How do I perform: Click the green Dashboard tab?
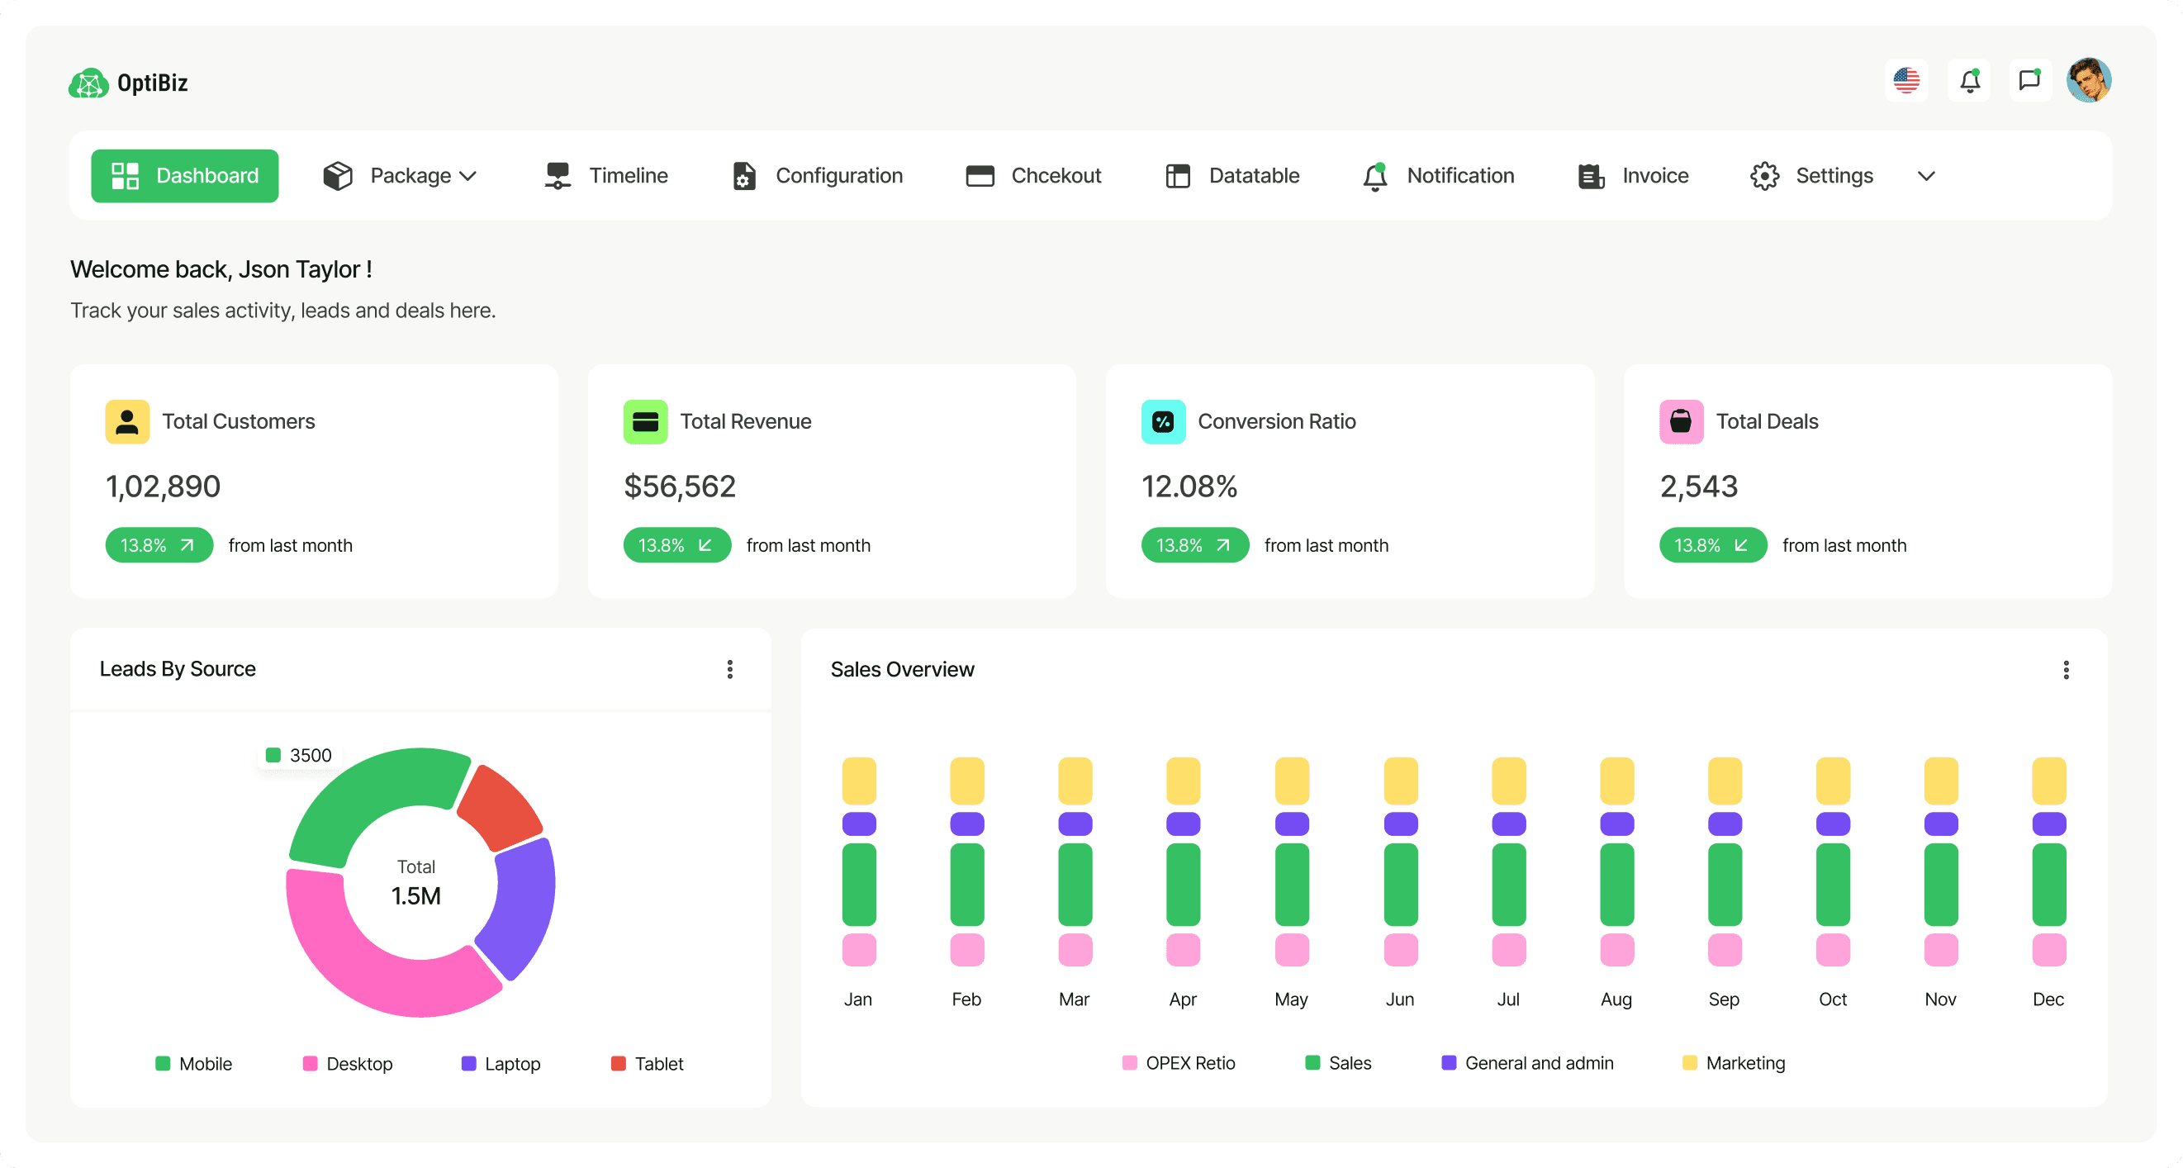185,175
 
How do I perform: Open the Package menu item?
399,175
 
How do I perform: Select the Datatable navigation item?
1232,175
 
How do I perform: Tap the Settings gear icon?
1764,175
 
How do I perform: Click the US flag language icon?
1905,80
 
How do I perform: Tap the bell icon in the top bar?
1968,80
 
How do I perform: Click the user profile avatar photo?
2088,80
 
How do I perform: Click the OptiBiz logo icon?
88,83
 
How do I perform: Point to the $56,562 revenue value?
679,487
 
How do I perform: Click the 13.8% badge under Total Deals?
1712,545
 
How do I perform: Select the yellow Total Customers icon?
127,421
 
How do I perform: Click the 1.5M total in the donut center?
416,896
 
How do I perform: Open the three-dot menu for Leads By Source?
729,670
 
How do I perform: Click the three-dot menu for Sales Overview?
2065,671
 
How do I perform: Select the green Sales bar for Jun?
1400,884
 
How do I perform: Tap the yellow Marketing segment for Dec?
2048,781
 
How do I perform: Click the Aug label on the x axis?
1616,999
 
